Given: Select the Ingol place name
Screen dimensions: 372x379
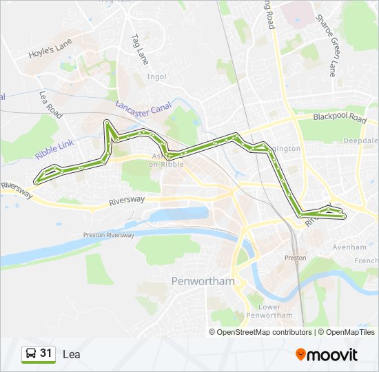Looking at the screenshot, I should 156,76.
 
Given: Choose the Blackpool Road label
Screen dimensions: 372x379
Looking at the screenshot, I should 339,117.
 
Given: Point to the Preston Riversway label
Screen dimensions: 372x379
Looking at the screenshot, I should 108,235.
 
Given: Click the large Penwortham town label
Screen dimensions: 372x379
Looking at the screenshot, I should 202,282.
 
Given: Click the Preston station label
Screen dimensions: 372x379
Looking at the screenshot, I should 295,258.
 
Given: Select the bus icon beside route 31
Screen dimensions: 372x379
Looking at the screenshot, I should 31,354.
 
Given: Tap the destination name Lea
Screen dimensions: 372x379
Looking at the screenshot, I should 71,355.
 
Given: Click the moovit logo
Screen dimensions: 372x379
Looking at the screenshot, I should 327,355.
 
